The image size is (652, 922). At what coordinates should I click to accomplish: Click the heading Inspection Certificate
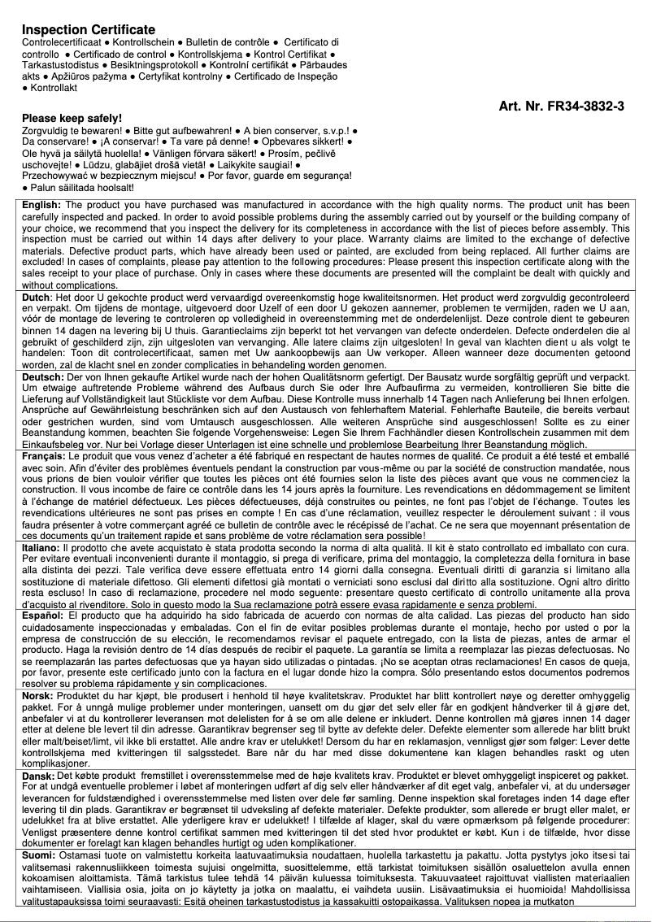88,29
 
